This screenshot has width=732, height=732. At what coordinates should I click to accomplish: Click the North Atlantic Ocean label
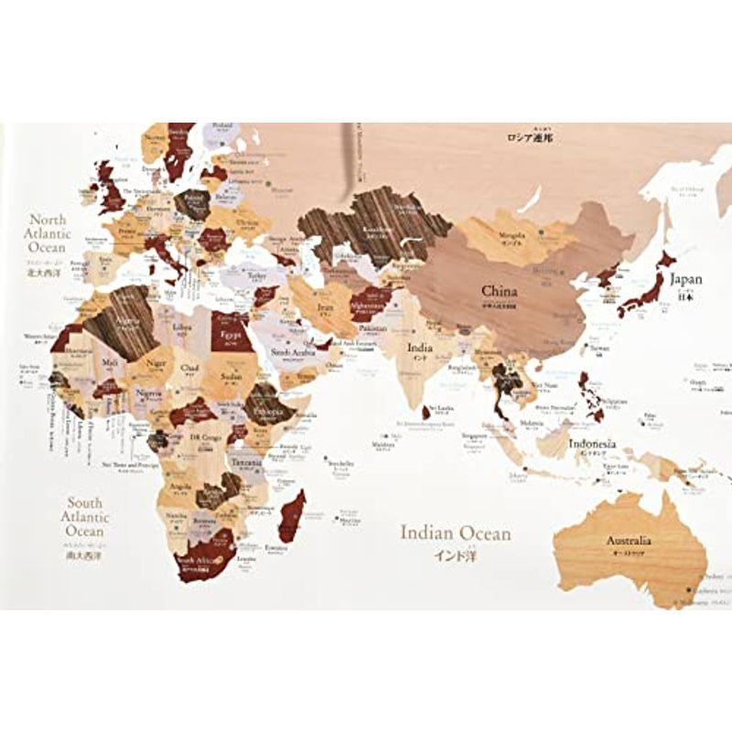48,233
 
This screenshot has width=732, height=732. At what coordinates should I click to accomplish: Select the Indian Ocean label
456,533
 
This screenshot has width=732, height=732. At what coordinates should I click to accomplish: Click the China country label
500,291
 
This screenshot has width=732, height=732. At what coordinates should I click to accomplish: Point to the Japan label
685,278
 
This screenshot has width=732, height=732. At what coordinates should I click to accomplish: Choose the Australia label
629,540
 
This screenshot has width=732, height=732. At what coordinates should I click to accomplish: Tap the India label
420,348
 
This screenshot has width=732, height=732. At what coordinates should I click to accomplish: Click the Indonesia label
592,445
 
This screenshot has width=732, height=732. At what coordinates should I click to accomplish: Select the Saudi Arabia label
293,350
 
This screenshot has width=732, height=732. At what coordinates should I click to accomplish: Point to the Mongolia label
513,234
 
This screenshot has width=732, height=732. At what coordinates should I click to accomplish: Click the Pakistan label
372,327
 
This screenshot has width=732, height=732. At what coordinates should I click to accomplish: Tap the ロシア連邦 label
535,139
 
